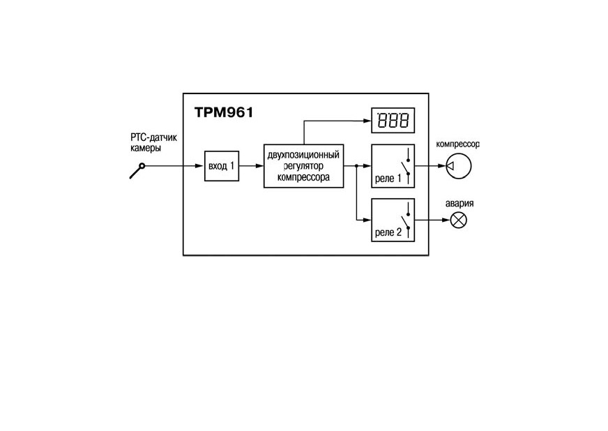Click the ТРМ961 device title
pos(224,112)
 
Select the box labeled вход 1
pos(222,166)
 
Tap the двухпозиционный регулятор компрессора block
pos(303,166)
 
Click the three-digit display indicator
pos(393,120)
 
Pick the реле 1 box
pos(393,166)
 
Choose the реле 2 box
pos(393,220)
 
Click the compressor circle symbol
pos(459,166)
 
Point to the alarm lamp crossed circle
pos(459,220)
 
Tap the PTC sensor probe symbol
pos(137,171)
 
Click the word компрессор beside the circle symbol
pos(457,144)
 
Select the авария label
pos(459,203)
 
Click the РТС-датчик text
pos(153,137)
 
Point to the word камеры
pos(146,148)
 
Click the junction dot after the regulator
pos(356,166)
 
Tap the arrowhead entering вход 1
pos(200,166)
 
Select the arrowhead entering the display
pos(367,121)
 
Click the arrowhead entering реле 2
pos(367,220)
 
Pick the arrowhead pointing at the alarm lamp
pos(446,220)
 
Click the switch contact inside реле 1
pos(406,166)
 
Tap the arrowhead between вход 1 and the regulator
pos(259,166)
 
